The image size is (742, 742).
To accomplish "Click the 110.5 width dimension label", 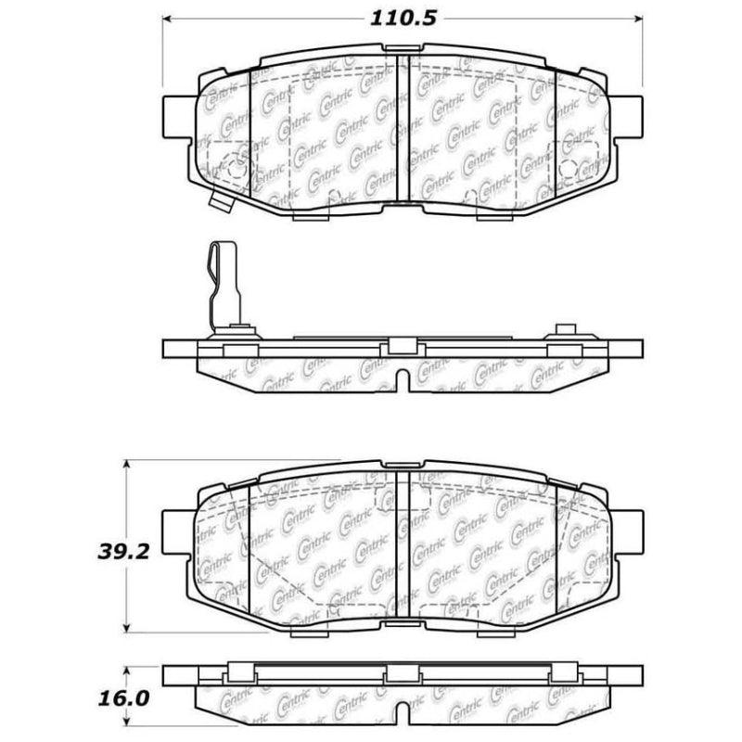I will pyautogui.click(x=403, y=17).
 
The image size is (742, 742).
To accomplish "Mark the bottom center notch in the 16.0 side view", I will pyautogui.click(x=403, y=712).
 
